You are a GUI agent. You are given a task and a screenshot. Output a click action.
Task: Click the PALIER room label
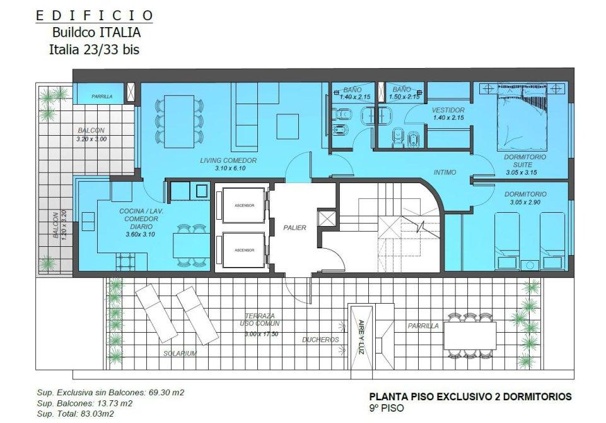(294, 227)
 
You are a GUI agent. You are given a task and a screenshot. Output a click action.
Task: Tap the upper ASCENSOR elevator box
(244, 205)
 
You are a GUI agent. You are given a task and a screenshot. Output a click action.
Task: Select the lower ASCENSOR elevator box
(244, 250)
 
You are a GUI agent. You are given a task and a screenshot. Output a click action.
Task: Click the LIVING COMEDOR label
(228, 160)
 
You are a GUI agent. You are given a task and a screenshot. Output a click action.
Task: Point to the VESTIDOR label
(448, 110)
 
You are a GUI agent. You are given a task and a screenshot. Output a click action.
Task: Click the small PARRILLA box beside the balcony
(102, 97)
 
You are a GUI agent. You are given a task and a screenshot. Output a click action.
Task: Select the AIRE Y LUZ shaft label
(361, 337)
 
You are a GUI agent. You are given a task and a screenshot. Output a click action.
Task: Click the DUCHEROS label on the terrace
(320, 340)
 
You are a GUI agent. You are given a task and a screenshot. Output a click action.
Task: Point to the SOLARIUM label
(180, 354)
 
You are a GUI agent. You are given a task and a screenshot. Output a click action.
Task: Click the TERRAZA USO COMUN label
(259, 319)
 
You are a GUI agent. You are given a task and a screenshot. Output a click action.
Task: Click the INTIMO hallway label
(445, 172)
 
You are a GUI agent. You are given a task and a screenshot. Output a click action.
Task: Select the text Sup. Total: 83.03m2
(76, 414)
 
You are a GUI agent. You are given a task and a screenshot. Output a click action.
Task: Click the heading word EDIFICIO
(95, 16)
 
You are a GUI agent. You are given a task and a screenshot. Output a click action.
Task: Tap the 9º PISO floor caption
(387, 408)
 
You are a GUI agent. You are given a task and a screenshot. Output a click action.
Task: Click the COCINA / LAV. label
(141, 211)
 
